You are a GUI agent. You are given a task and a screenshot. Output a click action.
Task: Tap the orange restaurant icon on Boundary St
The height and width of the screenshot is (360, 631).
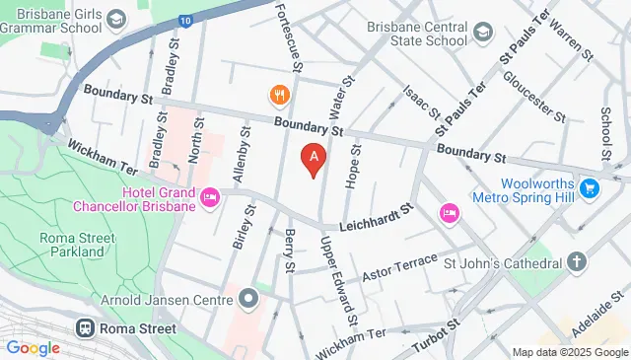280,96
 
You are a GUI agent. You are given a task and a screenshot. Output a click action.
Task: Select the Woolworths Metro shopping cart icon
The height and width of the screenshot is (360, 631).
591,186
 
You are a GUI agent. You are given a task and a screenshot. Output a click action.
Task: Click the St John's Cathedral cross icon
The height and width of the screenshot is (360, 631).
576,262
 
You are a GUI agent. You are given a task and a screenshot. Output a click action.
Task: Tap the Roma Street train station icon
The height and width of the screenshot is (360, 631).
86,327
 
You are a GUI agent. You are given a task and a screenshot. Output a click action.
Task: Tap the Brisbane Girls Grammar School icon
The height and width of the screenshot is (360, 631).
116,19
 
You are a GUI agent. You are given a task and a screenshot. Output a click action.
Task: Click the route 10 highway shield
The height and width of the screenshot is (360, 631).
185,19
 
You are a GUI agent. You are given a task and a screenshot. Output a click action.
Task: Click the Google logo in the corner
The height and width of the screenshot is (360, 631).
33,347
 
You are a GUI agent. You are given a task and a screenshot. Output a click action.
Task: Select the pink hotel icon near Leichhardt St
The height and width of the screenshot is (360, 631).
449,212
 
